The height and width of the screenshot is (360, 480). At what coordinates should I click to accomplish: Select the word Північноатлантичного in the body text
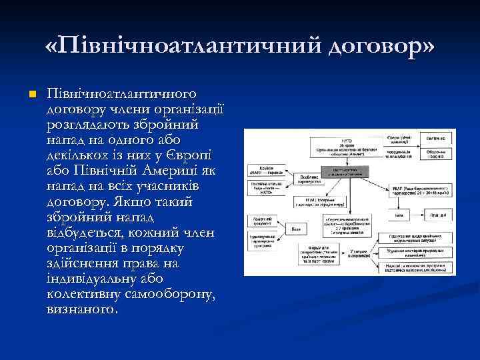(122, 91)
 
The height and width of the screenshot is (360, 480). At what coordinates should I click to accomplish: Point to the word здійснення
(87, 264)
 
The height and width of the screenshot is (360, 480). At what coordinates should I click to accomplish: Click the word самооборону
(173, 295)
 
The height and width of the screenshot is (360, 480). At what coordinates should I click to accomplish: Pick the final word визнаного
(83, 311)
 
